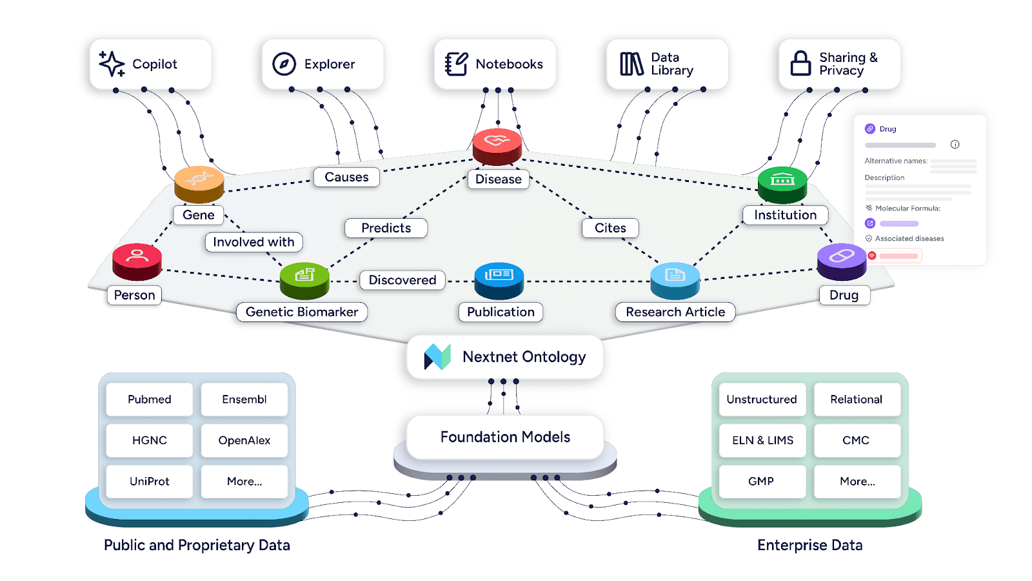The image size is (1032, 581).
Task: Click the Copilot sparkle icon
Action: [112, 64]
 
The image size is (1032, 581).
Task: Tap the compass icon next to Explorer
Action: [284, 64]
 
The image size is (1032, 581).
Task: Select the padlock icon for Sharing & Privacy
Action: [800, 63]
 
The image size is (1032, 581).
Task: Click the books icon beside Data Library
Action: [631, 64]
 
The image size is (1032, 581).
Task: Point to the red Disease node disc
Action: [497, 145]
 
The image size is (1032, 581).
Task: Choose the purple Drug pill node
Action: [842, 261]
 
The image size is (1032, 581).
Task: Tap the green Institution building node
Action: [782, 184]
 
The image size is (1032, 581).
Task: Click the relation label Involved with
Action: [253, 242]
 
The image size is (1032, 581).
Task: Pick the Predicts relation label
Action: [386, 228]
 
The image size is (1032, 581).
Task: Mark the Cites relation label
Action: [610, 228]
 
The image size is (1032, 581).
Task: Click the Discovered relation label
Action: [402, 280]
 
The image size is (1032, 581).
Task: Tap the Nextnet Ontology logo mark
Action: [437, 356]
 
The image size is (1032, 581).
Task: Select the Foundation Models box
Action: [505, 437]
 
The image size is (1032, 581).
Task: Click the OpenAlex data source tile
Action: [244, 440]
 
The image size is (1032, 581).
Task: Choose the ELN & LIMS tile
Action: [762, 440]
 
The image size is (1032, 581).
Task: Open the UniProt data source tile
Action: [149, 482]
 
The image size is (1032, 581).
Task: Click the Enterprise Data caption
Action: [809, 545]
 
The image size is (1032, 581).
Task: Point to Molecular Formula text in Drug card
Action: [908, 209]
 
